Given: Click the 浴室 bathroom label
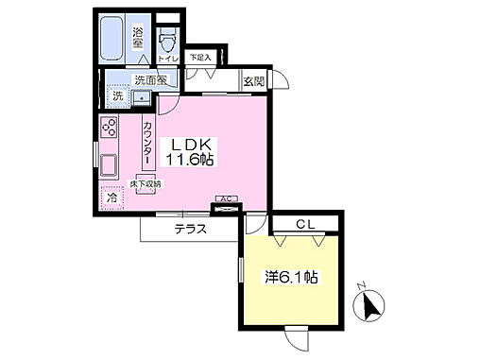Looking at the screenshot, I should (x=138, y=36).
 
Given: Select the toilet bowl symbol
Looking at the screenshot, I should (x=169, y=41).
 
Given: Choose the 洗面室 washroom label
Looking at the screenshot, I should (x=147, y=80).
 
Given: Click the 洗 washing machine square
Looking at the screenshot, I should (x=117, y=95).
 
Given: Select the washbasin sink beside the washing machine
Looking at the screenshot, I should (x=140, y=95).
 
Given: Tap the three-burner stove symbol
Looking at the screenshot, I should (x=109, y=128).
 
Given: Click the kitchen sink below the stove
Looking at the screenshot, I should (x=107, y=165).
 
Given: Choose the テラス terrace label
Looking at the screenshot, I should (x=190, y=230).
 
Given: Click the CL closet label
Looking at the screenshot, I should (x=302, y=224).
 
